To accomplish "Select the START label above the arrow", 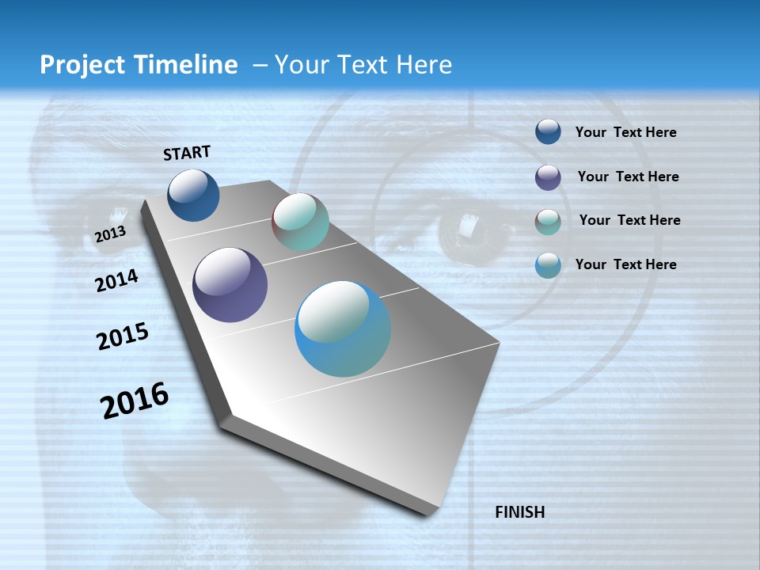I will click(187, 153).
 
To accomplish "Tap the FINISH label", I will click(519, 512).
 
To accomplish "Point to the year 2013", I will click(110, 234).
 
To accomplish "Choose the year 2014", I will click(116, 280).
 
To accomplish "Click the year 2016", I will click(135, 401).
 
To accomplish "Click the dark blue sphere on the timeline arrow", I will click(193, 195).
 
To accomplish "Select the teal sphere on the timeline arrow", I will click(300, 222).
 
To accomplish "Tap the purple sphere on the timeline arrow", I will click(230, 285).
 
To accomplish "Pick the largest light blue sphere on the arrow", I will click(343, 329).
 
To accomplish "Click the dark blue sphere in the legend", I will click(548, 132).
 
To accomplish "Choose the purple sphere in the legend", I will click(548, 177).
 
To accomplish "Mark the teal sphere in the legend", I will click(548, 222).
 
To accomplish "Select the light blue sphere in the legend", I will click(548, 265).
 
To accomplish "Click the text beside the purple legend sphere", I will click(628, 177).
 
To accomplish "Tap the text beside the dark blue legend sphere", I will click(625, 132).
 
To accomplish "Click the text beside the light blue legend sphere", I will click(625, 264).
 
